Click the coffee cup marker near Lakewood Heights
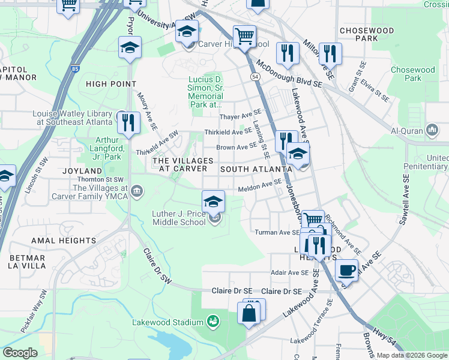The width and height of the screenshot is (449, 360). tap(346, 270)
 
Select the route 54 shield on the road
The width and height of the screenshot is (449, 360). tap(255, 77)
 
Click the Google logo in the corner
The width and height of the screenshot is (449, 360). tap(20, 353)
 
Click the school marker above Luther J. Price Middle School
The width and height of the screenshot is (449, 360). tap(213, 202)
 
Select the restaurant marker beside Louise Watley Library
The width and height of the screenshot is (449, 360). tap(128, 122)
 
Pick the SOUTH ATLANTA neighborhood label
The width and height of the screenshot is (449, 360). tap(251, 170)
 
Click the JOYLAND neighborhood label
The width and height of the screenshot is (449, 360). tap(82, 171)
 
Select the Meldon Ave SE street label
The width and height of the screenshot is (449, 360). tap(259, 188)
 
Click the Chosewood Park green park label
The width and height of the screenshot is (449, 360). tap(412, 74)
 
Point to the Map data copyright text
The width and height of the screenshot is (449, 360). tap(411, 355)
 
